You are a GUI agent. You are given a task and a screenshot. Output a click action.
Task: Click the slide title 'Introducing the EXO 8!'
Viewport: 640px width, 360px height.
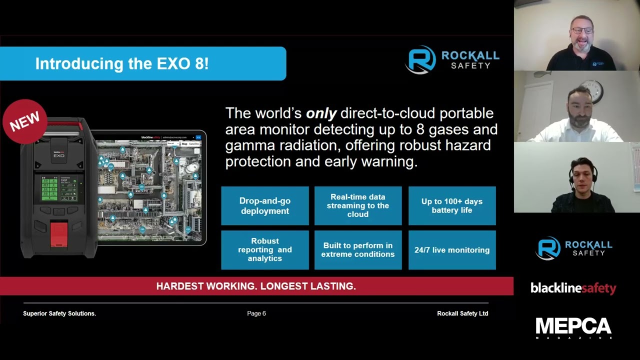tap(121, 64)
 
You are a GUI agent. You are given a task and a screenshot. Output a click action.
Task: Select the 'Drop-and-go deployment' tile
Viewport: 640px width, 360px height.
tap(264, 206)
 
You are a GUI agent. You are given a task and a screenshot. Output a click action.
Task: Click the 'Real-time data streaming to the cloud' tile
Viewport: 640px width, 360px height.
tap(357, 206)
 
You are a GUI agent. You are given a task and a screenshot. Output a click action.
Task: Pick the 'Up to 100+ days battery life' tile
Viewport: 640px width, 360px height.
tap(451, 206)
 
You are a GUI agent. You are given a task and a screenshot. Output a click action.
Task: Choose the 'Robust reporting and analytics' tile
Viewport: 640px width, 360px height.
tap(264, 250)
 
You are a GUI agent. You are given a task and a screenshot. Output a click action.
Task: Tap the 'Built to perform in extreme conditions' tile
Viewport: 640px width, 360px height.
tap(357, 250)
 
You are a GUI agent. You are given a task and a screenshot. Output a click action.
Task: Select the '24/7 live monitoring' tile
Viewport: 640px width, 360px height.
tap(451, 250)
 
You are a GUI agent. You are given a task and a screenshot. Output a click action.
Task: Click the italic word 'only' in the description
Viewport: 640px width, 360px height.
tap(321, 113)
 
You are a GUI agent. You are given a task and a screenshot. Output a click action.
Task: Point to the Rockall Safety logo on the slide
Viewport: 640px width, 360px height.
tap(452, 60)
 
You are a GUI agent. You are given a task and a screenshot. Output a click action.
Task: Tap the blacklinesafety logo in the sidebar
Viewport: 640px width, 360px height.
tap(573, 288)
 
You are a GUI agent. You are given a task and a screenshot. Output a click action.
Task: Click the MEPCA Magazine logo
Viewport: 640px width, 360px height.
tap(573, 327)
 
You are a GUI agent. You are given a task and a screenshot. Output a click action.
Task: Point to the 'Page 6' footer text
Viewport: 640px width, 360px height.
tap(256, 313)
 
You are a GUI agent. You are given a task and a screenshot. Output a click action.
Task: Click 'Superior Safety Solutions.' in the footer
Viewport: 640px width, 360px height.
tap(59, 313)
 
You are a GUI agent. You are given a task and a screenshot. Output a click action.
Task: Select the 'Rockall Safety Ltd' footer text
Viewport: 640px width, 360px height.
tap(462, 313)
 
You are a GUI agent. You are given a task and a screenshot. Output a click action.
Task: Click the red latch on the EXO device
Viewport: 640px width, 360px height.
tap(59, 234)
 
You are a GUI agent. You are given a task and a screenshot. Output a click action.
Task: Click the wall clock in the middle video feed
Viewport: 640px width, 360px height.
tap(594, 91)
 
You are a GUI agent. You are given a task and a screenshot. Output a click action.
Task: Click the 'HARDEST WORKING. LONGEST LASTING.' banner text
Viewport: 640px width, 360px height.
tap(256, 286)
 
